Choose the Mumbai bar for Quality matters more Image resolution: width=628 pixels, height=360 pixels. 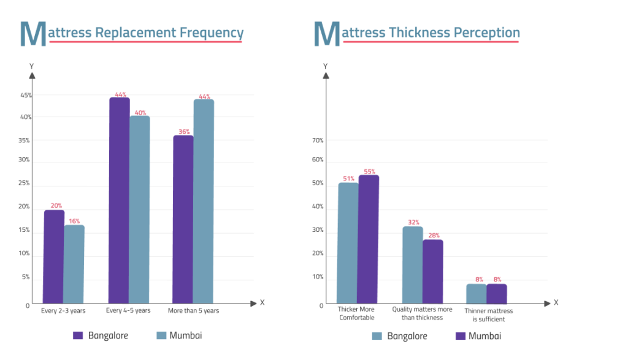tap(432, 271)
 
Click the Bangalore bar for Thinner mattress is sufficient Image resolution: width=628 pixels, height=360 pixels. tap(476, 293)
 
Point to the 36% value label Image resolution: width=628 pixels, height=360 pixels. tap(183, 131)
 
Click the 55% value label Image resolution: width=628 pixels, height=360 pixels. tap(369, 172)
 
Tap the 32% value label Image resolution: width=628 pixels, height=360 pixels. tap(413, 223)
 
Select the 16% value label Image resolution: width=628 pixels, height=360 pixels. tap(74, 221)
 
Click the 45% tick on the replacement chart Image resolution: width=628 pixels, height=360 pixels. tap(26, 95)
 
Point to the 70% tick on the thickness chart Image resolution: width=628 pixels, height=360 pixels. tap(318, 140)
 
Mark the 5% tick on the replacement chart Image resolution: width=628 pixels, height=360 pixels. tap(26, 277)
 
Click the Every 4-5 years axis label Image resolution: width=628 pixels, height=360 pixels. tap(128, 311)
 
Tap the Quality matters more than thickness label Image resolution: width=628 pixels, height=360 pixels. tap(422, 313)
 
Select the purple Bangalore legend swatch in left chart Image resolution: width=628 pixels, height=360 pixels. tap(78, 335)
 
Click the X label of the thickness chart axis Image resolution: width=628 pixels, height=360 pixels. tap(556, 302)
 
